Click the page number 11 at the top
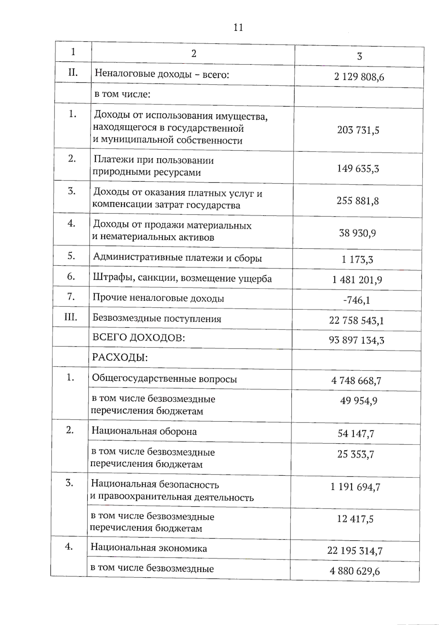[238, 28]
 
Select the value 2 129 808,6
[359, 77]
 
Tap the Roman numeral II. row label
[73, 72]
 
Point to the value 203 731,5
[358, 130]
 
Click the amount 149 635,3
[358, 169]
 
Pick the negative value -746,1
[356, 300]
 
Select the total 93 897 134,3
[356, 341]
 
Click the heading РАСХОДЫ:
[120, 357]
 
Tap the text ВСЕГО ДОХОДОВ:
[139, 338]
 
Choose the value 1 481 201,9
[357, 280]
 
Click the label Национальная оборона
[144, 431]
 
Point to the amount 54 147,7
[356, 434]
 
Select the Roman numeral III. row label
[71, 317]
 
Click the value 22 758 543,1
[356, 321]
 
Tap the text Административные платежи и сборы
[177, 258]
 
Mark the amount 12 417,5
[355, 519]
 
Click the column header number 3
[359, 56]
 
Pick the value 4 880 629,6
[354, 571]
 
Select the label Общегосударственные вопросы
[164, 379]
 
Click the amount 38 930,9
[357, 233]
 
